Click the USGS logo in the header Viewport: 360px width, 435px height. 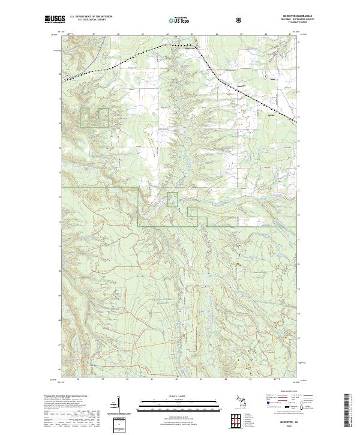(53, 20)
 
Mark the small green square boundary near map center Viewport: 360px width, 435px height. (172, 199)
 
